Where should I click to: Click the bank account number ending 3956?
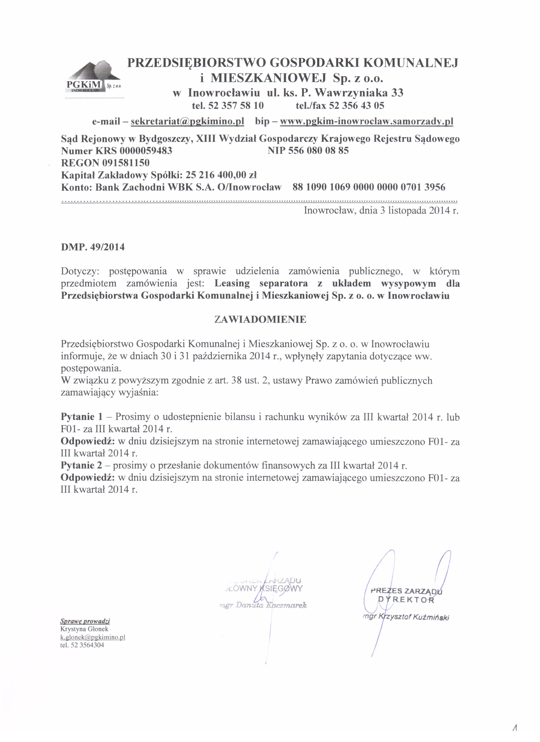point(369,187)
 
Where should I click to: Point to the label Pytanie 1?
point(82,417)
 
